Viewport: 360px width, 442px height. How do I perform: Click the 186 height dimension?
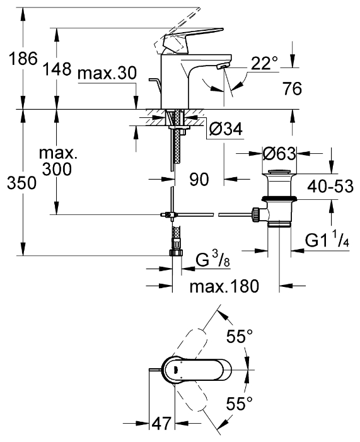[x=23, y=59]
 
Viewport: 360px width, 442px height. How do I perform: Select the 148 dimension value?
[x=57, y=69]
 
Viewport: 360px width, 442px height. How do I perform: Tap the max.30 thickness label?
[x=107, y=73]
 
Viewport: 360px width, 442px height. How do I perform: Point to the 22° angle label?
[x=264, y=63]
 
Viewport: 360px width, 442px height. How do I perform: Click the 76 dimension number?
[x=293, y=88]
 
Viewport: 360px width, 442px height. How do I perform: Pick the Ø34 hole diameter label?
[x=226, y=129]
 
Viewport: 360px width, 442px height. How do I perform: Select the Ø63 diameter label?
[x=279, y=154]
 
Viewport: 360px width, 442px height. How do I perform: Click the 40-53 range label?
[x=330, y=187]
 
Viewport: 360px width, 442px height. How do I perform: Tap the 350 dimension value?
[x=21, y=183]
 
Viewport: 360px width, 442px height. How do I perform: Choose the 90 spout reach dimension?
[x=199, y=179]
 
